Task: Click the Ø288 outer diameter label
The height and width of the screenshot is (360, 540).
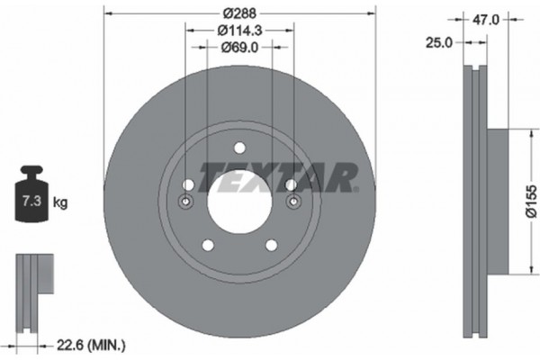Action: pyautogui.click(x=238, y=13)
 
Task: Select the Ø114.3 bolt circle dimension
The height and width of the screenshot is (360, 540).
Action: pyautogui.click(x=238, y=31)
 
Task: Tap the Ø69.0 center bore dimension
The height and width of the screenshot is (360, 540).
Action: pyautogui.click(x=238, y=49)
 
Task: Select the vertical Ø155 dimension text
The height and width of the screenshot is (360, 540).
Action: pyautogui.click(x=530, y=202)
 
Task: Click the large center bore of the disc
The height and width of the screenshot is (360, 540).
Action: pyautogui.click(x=239, y=202)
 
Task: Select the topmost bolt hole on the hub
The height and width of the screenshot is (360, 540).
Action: pyautogui.click(x=239, y=149)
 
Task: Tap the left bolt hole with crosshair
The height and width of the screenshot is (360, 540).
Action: pyautogui.click(x=187, y=202)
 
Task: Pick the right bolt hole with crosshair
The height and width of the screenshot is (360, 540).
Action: pyautogui.click(x=292, y=202)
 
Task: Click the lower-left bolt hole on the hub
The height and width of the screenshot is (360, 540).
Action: pyautogui.click(x=208, y=245)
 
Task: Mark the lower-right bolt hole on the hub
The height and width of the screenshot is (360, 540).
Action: pyautogui.click(x=271, y=245)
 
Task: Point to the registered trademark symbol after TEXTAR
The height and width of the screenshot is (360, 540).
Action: pyautogui.click(x=355, y=190)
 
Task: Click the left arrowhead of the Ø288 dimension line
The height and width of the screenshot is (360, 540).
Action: pyautogui.click(x=110, y=13)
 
